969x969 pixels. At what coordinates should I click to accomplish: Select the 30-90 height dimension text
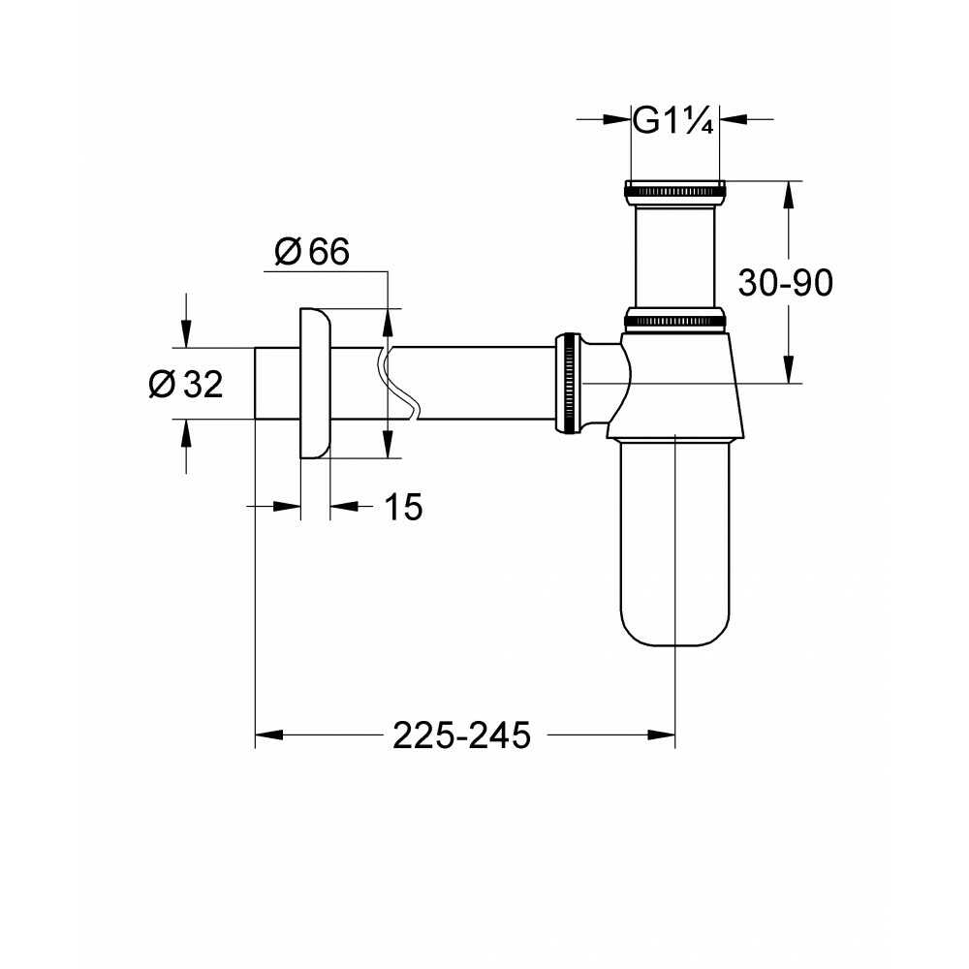[786, 283]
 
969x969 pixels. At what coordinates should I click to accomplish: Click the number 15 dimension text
[403, 507]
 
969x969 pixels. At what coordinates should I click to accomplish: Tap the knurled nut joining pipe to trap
[568, 383]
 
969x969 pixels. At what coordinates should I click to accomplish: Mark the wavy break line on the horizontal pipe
[397, 383]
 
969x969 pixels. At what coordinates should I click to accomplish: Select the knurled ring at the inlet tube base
[674, 318]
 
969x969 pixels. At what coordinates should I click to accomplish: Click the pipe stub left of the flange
[277, 383]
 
